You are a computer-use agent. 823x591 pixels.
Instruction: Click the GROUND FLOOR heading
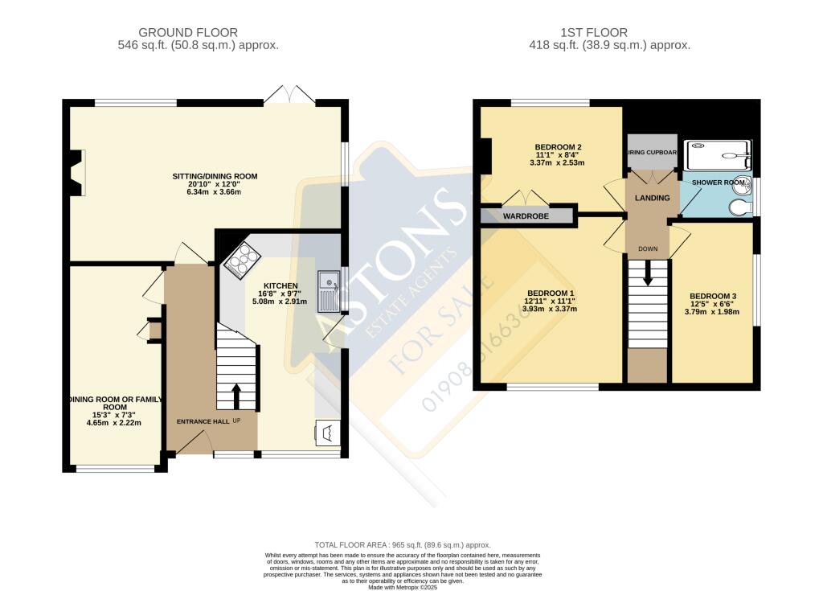click(x=188, y=32)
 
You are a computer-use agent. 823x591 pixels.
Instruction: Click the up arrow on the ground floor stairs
click(x=236, y=395)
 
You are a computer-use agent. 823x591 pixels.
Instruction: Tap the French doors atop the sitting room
click(x=289, y=95)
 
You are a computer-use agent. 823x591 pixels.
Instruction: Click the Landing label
click(x=647, y=197)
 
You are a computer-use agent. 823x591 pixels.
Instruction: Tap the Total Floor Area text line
click(x=411, y=545)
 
